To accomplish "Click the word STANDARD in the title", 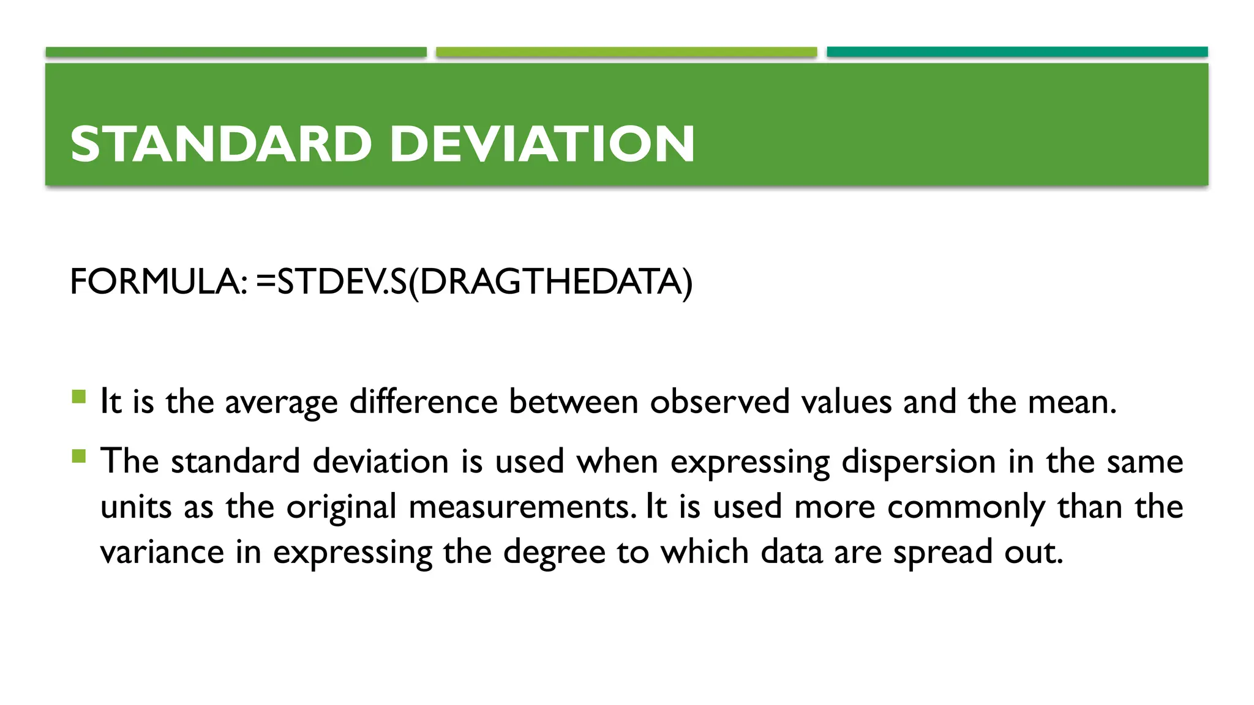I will [x=221, y=144].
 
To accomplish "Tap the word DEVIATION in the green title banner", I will [x=542, y=144].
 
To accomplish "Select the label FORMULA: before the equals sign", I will [x=159, y=282].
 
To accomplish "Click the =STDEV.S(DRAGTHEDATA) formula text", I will [x=475, y=282].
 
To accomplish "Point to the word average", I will [x=281, y=403].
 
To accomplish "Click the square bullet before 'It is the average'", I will [x=79, y=397].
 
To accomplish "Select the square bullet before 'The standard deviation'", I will [x=79, y=456].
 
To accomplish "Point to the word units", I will [x=136, y=507].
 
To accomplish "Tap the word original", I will [x=341, y=507].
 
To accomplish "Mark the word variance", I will [x=162, y=552].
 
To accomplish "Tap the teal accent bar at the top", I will [x=1017, y=52].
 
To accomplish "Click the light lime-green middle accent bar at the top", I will [x=626, y=52].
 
